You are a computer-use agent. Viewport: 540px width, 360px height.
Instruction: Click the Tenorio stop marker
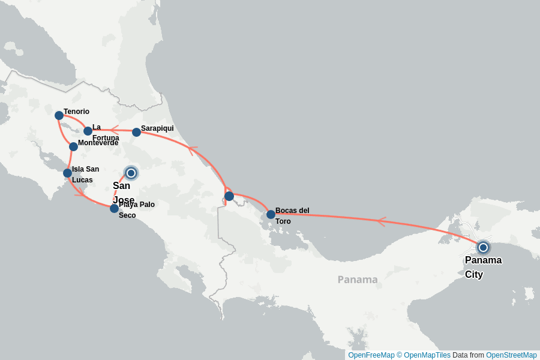pyautogui.click(x=59, y=115)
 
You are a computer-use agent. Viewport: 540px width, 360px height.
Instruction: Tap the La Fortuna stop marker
pyautogui.click(x=88, y=131)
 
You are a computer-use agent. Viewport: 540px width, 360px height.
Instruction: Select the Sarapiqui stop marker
pyautogui.click(x=136, y=132)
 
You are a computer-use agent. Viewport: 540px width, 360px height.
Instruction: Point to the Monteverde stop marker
pyautogui.click(x=73, y=146)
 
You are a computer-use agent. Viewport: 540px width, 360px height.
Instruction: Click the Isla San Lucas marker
pyautogui.click(x=67, y=173)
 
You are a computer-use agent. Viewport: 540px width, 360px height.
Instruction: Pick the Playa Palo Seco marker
pyautogui.click(x=114, y=208)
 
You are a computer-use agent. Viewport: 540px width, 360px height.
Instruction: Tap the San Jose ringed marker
pyautogui.click(x=131, y=173)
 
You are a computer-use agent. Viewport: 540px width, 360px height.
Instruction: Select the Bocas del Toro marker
pyautogui.click(x=271, y=214)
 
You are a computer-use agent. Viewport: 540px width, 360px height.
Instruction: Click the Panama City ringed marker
pyautogui.click(x=483, y=247)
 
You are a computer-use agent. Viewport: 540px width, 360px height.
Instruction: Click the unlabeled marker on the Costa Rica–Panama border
pyautogui.click(x=229, y=196)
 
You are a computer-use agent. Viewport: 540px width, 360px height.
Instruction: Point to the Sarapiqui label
pyautogui.click(x=157, y=128)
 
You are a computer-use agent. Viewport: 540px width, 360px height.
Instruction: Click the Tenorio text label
pyautogui.click(x=76, y=112)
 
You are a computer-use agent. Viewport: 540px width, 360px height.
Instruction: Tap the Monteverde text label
pyautogui.click(x=98, y=143)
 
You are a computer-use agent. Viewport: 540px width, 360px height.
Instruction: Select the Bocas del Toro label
pyautogui.click(x=292, y=215)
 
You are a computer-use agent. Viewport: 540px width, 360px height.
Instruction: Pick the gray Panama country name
pyautogui.click(x=358, y=280)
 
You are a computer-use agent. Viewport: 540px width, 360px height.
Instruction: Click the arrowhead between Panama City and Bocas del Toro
pyautogui.click(x=380, y=222)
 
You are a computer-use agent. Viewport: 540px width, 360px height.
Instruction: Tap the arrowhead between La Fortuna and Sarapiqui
pyautogui.click(x=113, y=130)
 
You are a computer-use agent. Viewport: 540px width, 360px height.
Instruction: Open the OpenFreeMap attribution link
pyautogui.click(x=371, y=355)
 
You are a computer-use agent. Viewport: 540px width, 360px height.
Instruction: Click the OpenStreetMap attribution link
pyautogui.click(x=511, y=355)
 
